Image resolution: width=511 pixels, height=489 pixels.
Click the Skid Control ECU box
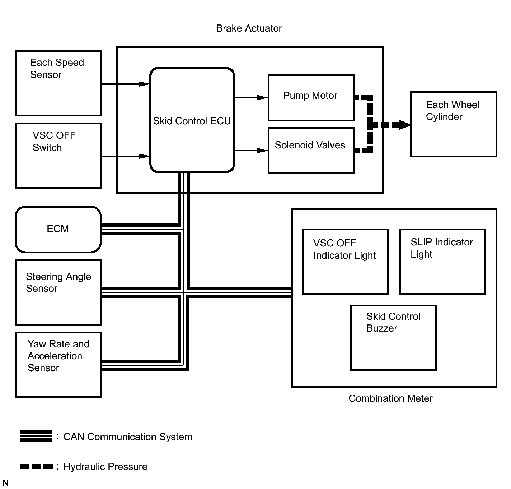click(x=192, y=120)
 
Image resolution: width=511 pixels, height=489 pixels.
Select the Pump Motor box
click(x=311, y=98)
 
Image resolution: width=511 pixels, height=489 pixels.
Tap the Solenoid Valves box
click(x=311, y=151)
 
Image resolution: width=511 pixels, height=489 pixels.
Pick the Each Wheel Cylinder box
click(x=454, y=124)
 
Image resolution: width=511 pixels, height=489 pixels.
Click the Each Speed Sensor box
click(x=58, y=83)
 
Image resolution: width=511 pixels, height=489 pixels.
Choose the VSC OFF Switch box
click(x=58, y=156)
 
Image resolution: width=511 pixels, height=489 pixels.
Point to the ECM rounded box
click(x=58, y=229)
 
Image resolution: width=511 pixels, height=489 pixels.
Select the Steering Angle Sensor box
click(x=58, y=292)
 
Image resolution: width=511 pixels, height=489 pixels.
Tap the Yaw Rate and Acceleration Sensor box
click(x=58, y=364)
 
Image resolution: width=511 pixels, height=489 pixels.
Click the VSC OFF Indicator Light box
click(x=345, y=262)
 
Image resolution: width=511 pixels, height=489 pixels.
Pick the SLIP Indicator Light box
click(x=442, y=262)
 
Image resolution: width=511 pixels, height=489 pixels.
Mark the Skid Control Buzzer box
click(x=393, y=338)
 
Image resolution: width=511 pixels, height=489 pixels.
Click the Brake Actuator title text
click(x=249, y=28)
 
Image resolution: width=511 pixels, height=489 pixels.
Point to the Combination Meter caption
click(x=390, y=398)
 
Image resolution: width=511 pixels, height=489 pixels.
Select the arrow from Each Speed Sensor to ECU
click(x=126, y=84)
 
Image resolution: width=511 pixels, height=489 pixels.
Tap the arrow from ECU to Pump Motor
click(x=251, y=97)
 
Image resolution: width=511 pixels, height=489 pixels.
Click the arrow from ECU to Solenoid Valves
click(x=251, y=151)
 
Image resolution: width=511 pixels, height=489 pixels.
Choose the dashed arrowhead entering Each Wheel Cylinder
click(x=404, y=125)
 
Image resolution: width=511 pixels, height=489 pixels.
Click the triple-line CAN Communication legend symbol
click(x=36, y=436)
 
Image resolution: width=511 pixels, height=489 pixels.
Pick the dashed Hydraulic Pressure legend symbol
click(x=36, y=466)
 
